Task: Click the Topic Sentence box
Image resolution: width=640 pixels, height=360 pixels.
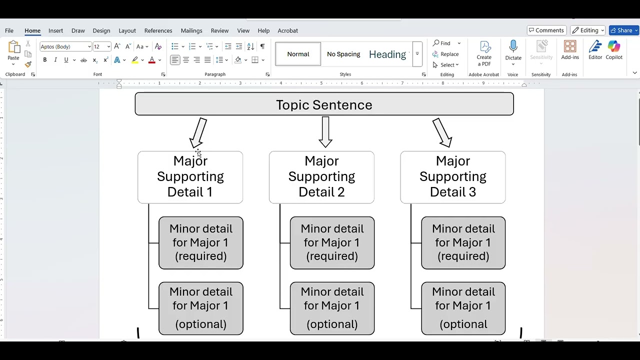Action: coord(324,104)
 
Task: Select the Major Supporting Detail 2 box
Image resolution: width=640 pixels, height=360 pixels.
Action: coord(321,177)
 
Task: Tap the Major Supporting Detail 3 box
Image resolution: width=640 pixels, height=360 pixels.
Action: coord(452,177)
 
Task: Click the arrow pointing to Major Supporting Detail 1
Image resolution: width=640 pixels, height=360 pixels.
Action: coord(198,132)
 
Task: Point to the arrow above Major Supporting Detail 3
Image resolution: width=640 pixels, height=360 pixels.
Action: coord(442,132)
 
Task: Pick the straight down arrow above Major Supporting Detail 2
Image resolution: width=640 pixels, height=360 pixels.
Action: coord(325,132)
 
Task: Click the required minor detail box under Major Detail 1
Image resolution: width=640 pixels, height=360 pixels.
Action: coord(201,242)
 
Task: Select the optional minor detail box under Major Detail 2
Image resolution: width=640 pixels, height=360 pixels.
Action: coord(332,308)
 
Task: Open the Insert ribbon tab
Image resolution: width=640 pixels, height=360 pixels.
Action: coord(55,30)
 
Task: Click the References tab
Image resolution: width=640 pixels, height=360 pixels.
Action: coord(158,30)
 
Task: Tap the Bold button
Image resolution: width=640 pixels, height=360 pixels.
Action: coord(44,60)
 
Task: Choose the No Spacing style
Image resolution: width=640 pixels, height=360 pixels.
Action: coord(343,54)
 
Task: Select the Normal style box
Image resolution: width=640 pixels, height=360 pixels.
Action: coord(298,54)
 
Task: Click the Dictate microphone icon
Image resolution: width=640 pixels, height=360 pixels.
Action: coord(513,47)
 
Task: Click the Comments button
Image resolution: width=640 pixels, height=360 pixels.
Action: coord(546,30)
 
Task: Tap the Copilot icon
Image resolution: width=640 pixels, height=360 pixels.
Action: coord(614,47)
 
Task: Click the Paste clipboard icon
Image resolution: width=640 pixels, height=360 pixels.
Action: coord(13,47)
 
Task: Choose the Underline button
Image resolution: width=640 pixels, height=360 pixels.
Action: coord(66,60)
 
